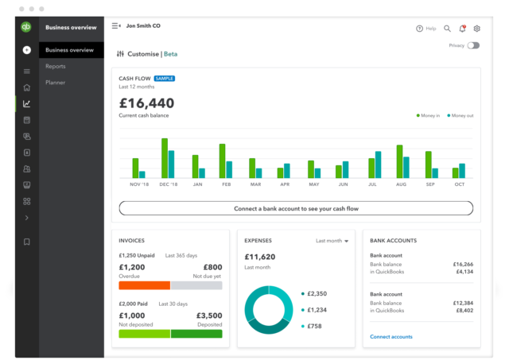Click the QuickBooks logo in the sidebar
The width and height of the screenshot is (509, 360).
pyautogui.click(x=26, y=27)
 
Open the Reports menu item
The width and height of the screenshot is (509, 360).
pyautogui.click(x=56, y=67)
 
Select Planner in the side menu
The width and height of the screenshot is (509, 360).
pyautogui.click(x=56, y=83)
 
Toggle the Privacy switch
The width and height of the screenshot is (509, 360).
pyautogui.click(x=473, y=46)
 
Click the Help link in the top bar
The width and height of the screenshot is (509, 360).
pyautogui.click(x=426, y=29)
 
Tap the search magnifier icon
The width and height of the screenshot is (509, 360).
pyautogui.click(x=447, y=29)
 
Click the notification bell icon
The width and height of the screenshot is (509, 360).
pyautogui.click(x=462, y=29)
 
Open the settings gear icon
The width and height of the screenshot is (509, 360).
pyautogui.click(x=477, y=29)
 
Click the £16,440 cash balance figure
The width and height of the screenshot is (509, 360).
pyautogui.click(x=146, y=103)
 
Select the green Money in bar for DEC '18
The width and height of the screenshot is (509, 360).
pyautogui.click(x=165, y=158)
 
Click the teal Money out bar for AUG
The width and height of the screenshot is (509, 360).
pyautogui.click(x=406, y=167)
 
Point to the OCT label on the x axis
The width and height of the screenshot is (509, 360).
pyautogui.click(x=459, y=184)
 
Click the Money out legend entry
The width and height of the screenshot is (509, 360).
pyautogui.click(x=460, y=116)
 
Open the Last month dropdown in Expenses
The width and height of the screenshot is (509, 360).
pyautogui.click(x=332, y=241)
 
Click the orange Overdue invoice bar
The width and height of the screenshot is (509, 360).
pyautogui.click(x=144, y=285)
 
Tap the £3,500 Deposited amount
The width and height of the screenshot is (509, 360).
pyautogui.click(x=208, y=315)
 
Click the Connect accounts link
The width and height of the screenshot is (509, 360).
pyautogui.click(x=391, y=337)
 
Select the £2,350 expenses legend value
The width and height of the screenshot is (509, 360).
pyautogui.click(x=317, y=293)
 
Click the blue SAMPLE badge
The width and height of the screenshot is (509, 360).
pyautogui.click(x=165, y=79)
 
